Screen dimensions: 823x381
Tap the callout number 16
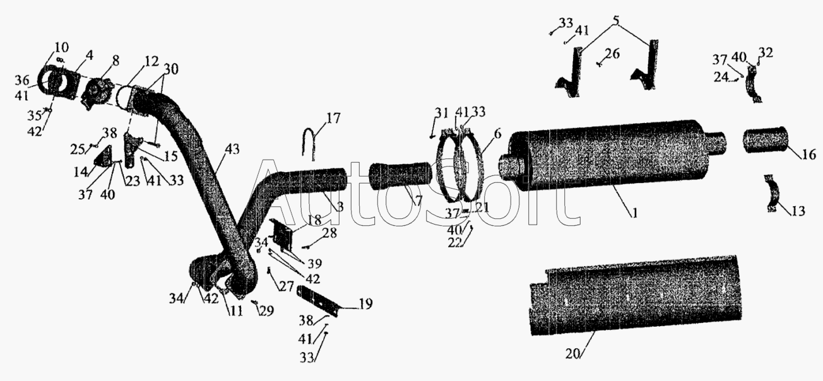point(809,155)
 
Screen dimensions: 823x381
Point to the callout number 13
point(798,211)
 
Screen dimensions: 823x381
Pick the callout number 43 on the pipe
point(232,150)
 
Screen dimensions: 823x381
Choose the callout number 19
point(365,304)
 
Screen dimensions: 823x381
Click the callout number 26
point(613,54)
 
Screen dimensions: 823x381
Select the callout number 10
point(62,48)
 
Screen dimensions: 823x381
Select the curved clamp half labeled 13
point(773,193)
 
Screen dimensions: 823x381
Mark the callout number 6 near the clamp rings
point(497,134)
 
